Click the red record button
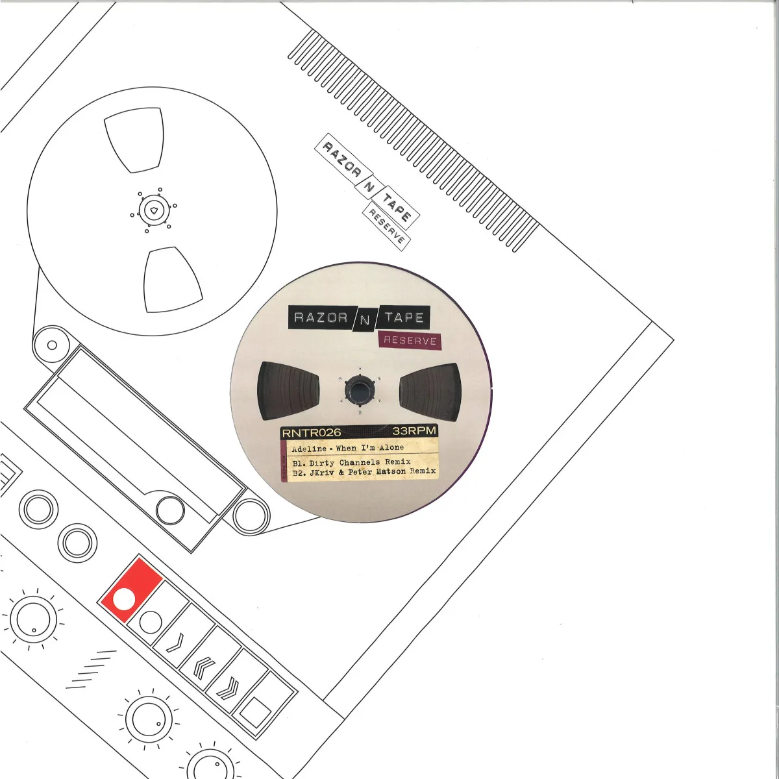131,591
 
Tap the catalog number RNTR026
312,433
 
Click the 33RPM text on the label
414,431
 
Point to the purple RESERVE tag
410,340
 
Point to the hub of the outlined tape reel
154,210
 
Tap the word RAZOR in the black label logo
321,317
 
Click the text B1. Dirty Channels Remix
351,462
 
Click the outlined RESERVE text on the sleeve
386,228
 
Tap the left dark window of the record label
288,391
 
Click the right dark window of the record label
430,391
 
